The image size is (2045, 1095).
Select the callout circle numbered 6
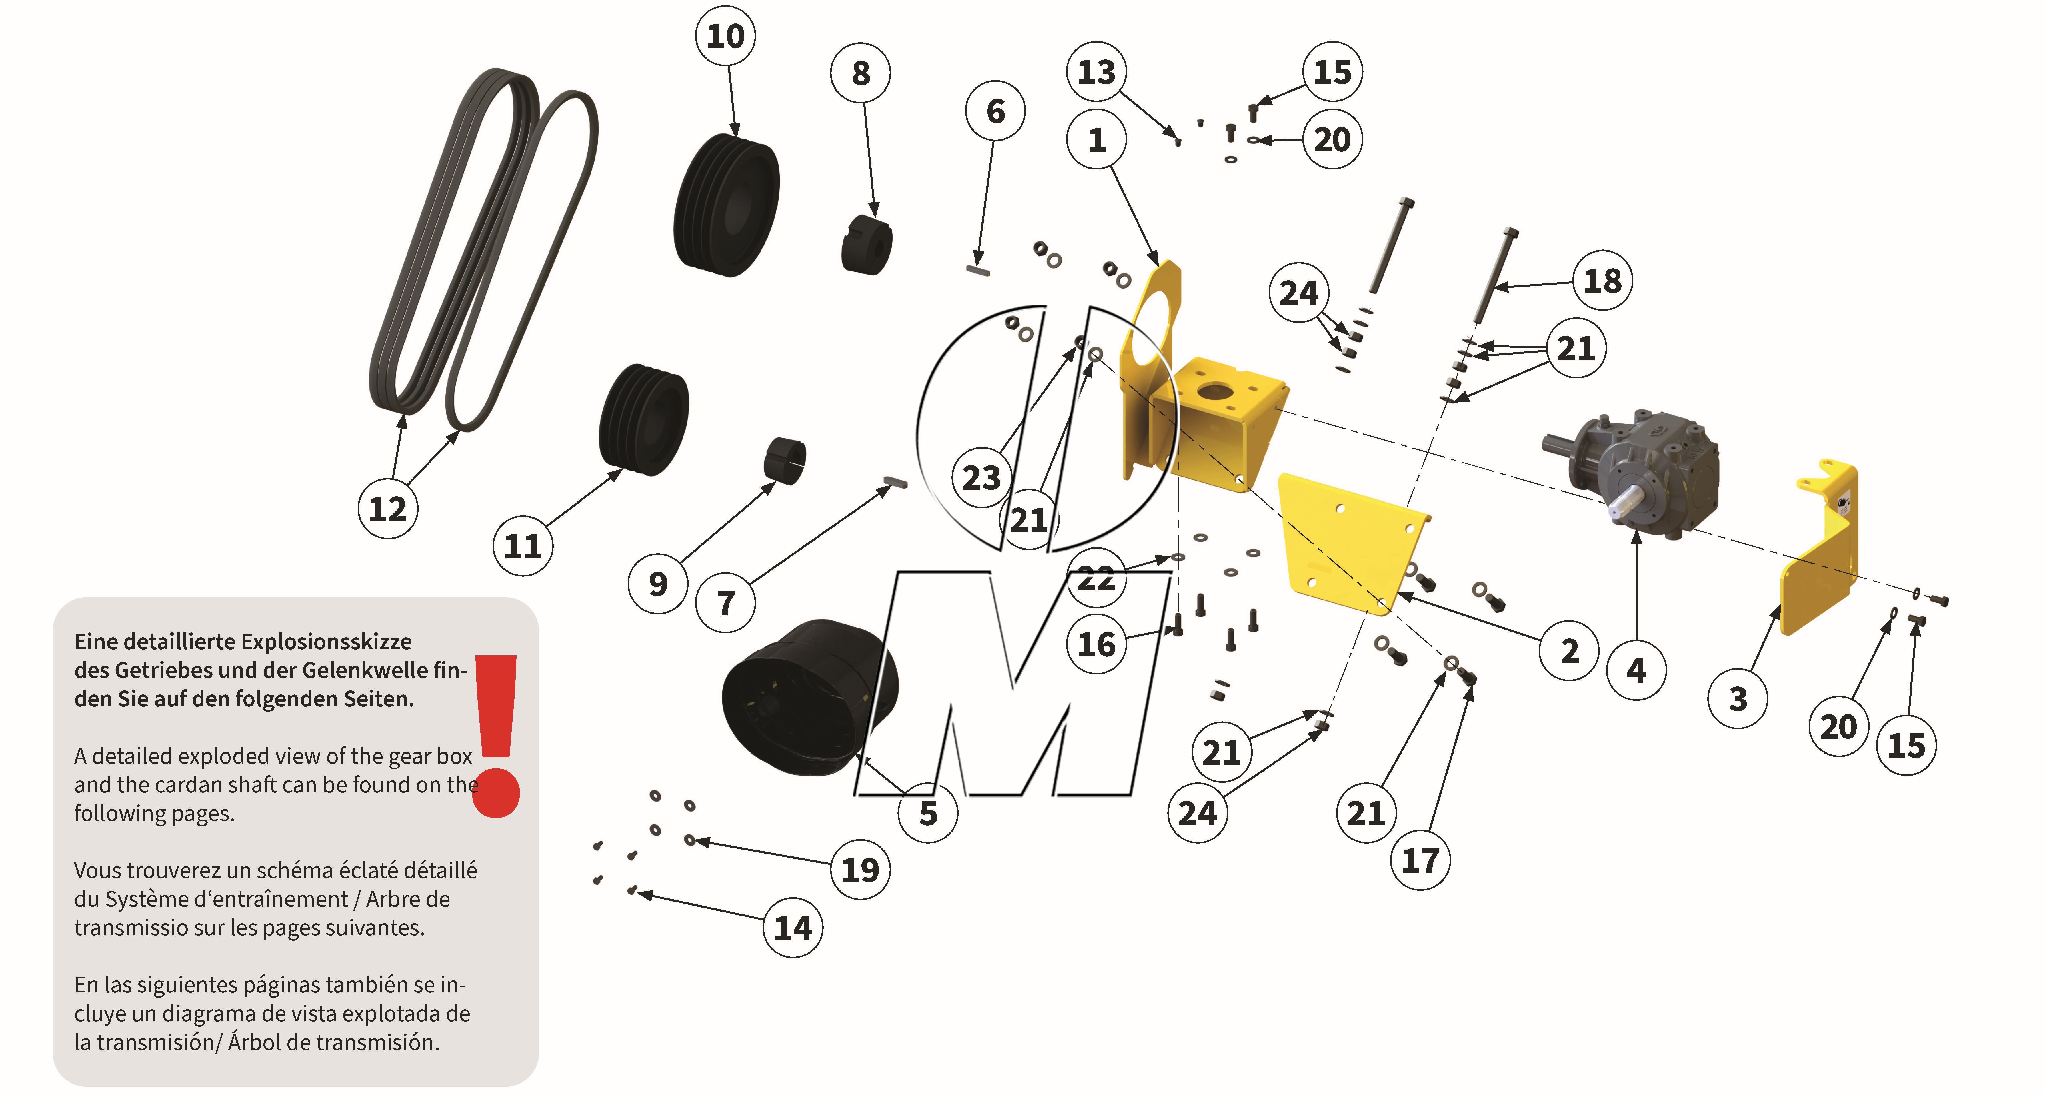pos(996,111)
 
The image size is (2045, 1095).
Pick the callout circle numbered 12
pos(387,509)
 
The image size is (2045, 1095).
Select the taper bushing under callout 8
pos(867,245)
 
